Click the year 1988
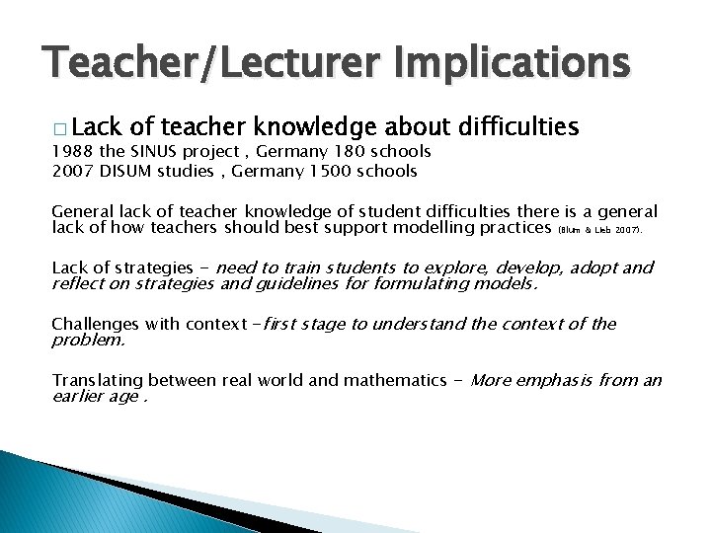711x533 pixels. pos(69,152)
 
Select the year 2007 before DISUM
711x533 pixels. pos(70,171)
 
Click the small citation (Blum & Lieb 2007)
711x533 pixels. pos(613,230)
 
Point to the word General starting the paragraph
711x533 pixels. pos(82,211)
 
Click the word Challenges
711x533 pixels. pos(97,324)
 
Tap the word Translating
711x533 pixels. pos(96,380)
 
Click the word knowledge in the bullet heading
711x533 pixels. pos(315,126)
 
